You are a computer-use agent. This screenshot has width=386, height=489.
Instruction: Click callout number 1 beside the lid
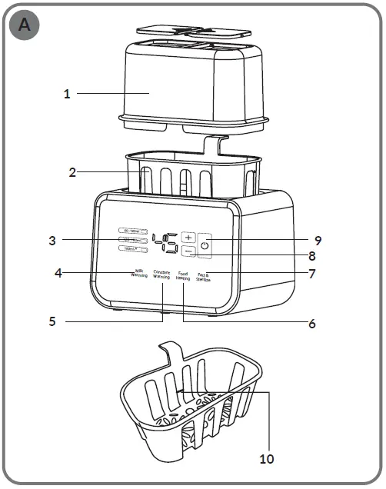[x=67, y=94]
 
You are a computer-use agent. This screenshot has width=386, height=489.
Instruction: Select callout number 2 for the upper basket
[x=72, y=172]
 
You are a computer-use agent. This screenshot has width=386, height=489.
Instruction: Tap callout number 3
[x=52, y=240]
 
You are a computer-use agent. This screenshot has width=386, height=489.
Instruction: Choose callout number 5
[x=52, y=321]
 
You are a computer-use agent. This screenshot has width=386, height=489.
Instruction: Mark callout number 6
[x=311, y=324]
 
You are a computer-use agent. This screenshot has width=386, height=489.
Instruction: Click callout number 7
[x=311, y=273]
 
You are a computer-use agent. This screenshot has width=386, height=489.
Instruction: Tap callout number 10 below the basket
[x=266, y=459]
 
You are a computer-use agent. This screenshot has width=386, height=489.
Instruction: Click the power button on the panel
[x=205, y=245]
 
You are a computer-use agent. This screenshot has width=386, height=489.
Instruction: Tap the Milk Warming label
[x=139, y=274]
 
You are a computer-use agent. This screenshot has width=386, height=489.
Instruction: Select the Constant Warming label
[x=161, y=274]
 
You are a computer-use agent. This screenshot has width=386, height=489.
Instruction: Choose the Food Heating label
[x=183, y=275]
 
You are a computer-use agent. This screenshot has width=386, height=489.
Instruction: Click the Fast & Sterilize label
[x=204, y=277]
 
